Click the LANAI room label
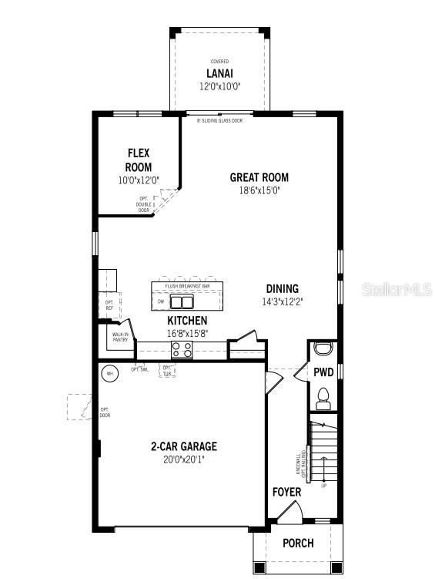click(x=219, y=75)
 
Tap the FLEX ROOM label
click(x=139, y=160)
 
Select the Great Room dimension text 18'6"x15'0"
click(x=259, y=190)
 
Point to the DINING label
click(x=282, y=289)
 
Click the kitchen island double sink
click(x=182, y=301)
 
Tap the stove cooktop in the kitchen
click(x=182, y=350)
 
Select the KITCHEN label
click(x=187, y=320)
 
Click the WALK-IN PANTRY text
click(x=121, y=336)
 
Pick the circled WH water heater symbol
click(x=109, y=373)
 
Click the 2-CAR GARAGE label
click(x=183, y=446)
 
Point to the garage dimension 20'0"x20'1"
click(x=183, y=459)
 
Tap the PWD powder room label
click(x=323, y=372)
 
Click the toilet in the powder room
click(x=323, y=399)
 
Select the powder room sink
click(x=323, y=346)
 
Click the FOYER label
click(x=286, y=492)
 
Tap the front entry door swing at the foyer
click(x=289, y=512)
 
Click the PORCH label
click(x=298, y=543)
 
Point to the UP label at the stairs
click(x=323, y=486)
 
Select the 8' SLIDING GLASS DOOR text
click(x=219, y=121)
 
